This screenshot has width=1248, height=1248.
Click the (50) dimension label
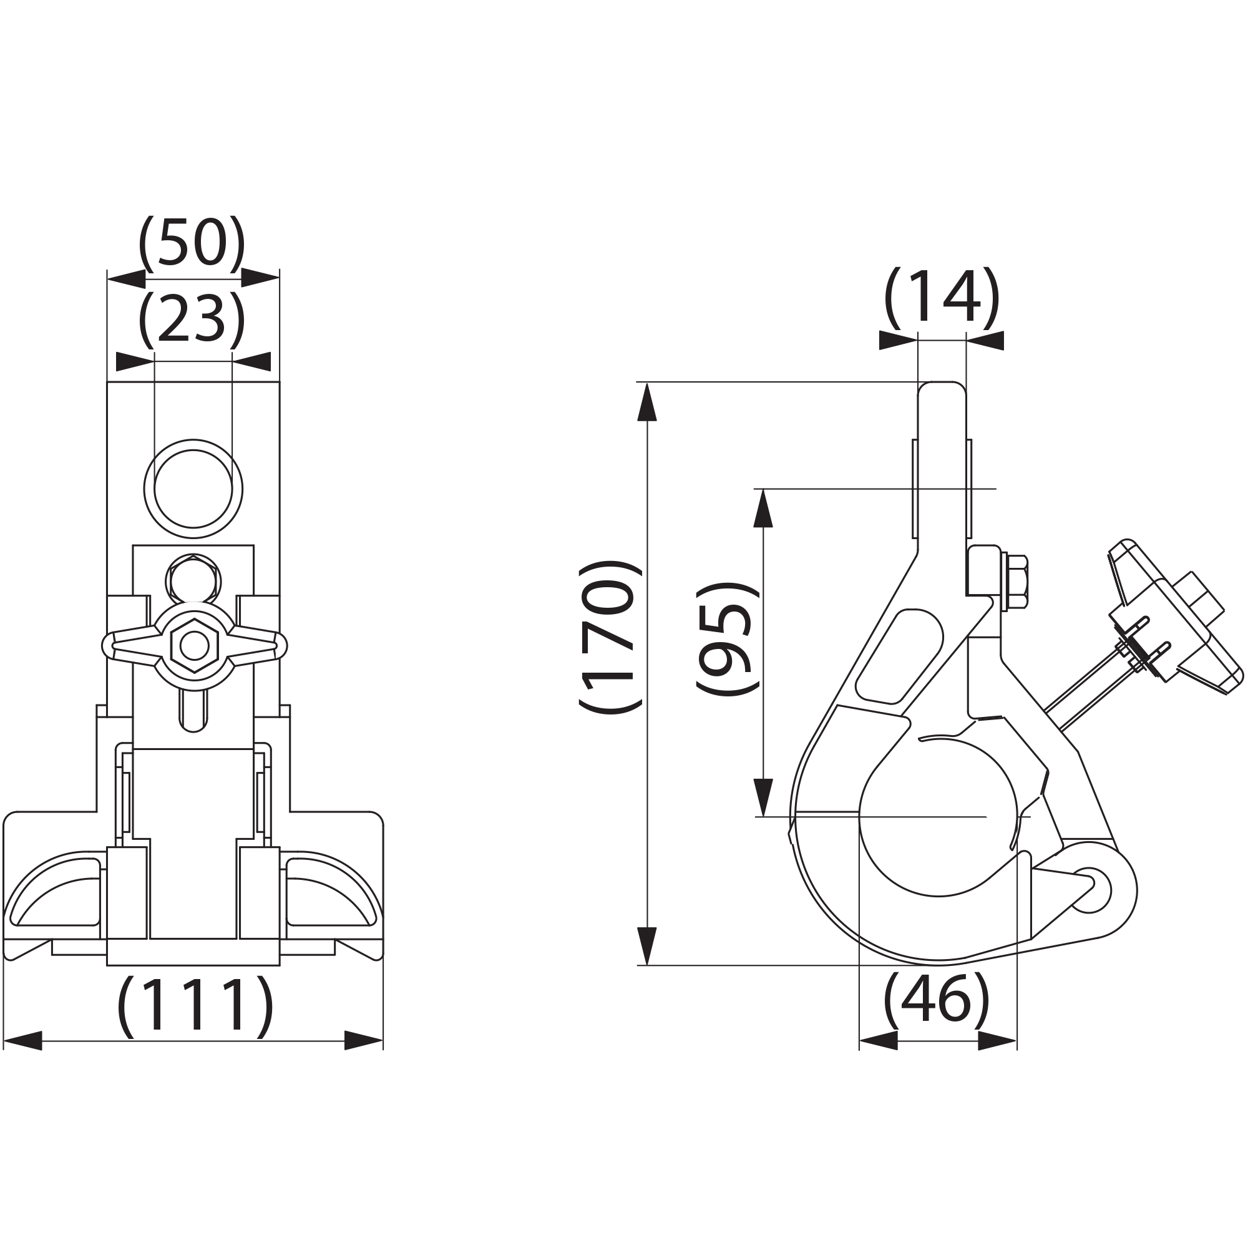192,244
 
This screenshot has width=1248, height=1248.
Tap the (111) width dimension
195,1007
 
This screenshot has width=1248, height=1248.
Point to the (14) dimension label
941,296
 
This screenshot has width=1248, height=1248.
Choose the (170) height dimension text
610,636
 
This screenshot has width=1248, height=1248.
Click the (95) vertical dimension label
726,638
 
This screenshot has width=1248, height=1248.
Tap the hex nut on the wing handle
195,645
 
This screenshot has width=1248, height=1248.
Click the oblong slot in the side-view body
900,656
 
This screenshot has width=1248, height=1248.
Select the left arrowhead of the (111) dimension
22,1041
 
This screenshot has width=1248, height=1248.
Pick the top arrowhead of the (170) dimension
646,401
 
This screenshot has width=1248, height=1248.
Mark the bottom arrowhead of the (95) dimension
764,797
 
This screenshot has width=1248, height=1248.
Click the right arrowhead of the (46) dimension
997,1041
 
